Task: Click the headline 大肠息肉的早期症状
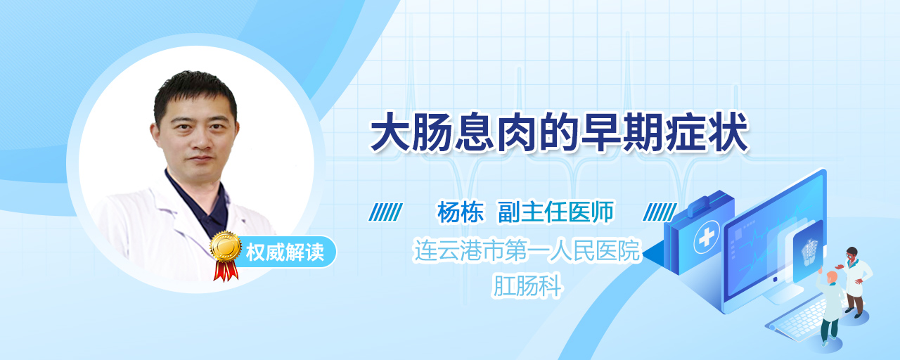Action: click(559, 132)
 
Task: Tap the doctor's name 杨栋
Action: click(461, 212)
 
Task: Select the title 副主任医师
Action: click(555, 212)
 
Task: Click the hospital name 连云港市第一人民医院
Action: click(527, 251)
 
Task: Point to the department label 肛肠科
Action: click(527, 285)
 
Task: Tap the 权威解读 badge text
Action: click(285, 252)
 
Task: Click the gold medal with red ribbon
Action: click(226, 255)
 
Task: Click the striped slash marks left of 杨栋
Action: click(386, 212)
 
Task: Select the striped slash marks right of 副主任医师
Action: click(660, 212)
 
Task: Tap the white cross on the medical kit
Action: click(707, 238)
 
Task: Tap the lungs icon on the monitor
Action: click(809, 252)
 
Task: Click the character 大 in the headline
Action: click(390, 132)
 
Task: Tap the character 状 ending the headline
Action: click(728, 132)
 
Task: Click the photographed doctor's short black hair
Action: click(195, 91)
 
